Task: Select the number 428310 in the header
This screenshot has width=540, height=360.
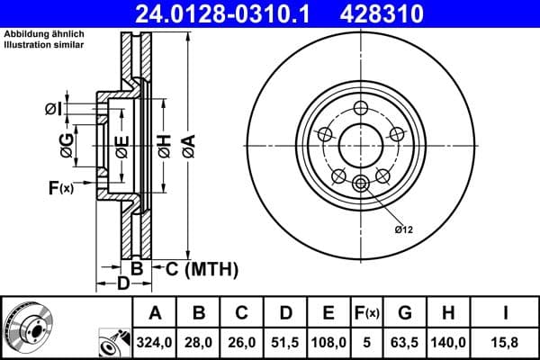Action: click(393, 13)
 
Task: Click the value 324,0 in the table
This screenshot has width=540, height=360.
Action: click(156, 342)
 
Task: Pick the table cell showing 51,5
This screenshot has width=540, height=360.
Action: click(286, 342)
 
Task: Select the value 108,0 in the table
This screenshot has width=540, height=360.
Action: click(329, 342)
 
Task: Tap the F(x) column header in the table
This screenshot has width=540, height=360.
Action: click(367, 313)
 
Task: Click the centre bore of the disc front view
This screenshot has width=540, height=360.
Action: click(362, 142)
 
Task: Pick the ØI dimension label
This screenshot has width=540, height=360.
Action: click(53, 110)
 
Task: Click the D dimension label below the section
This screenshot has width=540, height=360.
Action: click(123, 283)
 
